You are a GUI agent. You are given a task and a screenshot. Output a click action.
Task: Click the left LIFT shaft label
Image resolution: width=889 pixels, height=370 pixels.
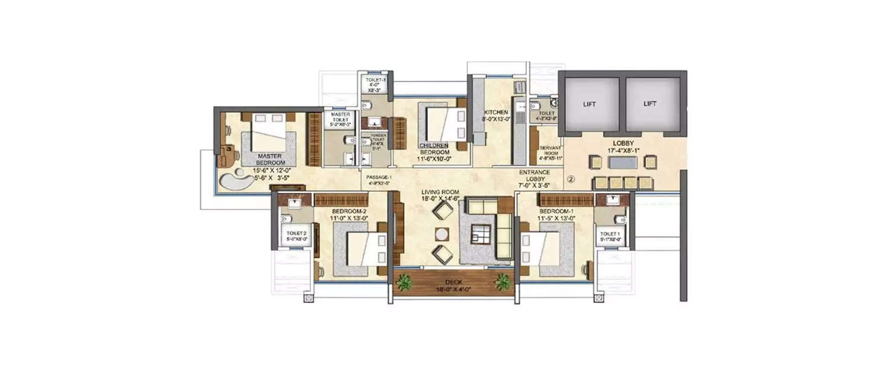[590, 104]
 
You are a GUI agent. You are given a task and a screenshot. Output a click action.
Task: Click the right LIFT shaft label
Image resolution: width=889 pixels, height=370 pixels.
[650, 104]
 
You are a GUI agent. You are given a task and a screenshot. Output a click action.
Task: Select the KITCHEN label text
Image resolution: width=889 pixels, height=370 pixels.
[495, 112]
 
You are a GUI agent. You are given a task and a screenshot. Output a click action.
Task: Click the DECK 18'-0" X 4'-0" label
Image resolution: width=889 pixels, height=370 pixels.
[454, 286]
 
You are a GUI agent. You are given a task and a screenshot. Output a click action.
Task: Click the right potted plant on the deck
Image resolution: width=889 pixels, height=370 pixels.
[503, 281]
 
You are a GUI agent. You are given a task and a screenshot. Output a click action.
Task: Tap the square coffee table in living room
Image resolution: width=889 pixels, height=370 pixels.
[479, 235]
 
